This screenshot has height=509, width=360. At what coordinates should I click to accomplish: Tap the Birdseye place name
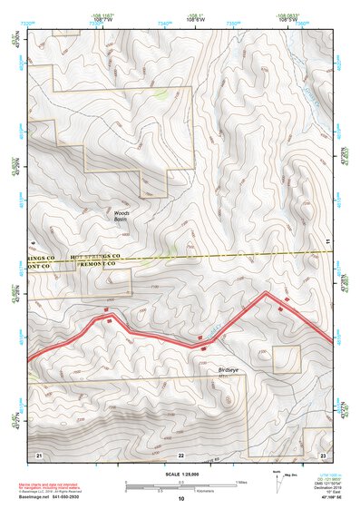(228, 370)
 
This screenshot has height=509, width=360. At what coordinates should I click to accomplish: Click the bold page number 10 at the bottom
(180, 499)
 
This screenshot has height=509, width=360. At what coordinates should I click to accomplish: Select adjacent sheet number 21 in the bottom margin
(39, 453)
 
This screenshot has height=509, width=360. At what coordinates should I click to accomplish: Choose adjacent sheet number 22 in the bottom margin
(180, 453)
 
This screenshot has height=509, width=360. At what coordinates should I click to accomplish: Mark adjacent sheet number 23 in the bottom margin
(322, 453)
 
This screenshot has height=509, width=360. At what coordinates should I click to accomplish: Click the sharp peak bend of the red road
(266, 293)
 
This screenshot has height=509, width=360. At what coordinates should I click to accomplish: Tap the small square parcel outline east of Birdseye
(286, 358)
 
